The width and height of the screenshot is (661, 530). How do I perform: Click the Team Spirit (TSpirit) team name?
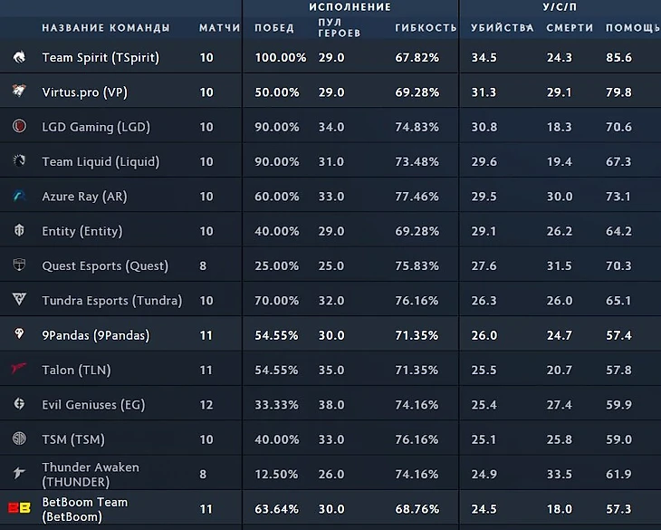[101, 58]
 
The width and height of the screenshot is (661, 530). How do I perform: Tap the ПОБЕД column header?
[274, 28]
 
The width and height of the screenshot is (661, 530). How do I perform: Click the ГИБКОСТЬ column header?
[426, 28]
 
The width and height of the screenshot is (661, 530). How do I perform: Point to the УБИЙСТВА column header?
[502, 28]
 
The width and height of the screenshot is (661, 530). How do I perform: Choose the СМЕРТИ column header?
[570, 28]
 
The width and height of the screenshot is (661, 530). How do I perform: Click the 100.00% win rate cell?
[277, 58]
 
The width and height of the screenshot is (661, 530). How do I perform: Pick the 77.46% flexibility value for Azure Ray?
[417, 197]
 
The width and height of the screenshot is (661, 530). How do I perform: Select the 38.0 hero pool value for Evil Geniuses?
[331, 405]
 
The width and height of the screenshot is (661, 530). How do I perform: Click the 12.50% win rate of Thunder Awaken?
[277, 475]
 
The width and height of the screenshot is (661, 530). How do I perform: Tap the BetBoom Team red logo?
[17, 509]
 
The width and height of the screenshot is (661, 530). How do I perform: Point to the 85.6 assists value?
[618, 58]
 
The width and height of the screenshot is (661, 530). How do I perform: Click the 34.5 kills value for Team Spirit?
[484, 58]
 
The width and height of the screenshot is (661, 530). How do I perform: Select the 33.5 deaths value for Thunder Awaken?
[560, 475]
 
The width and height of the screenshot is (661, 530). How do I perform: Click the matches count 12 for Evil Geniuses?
[206, 405]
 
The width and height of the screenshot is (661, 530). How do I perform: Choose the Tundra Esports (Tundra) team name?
[112, 301]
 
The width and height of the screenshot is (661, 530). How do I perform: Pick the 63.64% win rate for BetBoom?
[277, 509]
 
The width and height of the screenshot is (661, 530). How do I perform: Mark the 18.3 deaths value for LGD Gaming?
[560, 128]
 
